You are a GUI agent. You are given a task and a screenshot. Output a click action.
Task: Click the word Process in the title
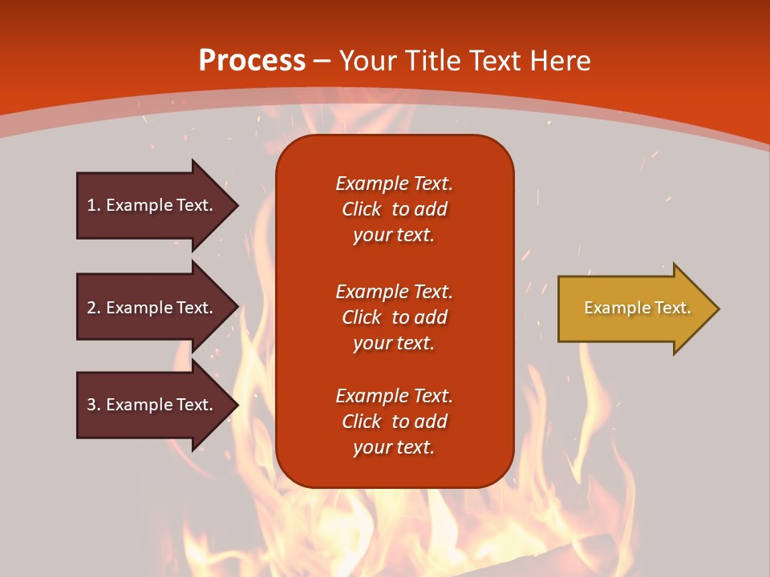(252, 61)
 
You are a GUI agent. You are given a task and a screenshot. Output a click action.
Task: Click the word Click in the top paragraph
(361, 209)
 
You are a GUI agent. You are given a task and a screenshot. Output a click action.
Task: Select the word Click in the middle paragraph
(361, 317)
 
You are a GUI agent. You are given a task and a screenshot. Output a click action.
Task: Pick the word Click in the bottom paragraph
(361, 422)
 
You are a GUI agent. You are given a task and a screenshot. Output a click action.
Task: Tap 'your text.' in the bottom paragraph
(394, 447)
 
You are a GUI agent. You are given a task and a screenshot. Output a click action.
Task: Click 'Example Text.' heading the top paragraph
(394, 184)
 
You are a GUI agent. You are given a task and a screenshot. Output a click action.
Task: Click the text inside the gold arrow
(638, 308)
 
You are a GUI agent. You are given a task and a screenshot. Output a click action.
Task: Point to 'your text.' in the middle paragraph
(394, 343)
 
